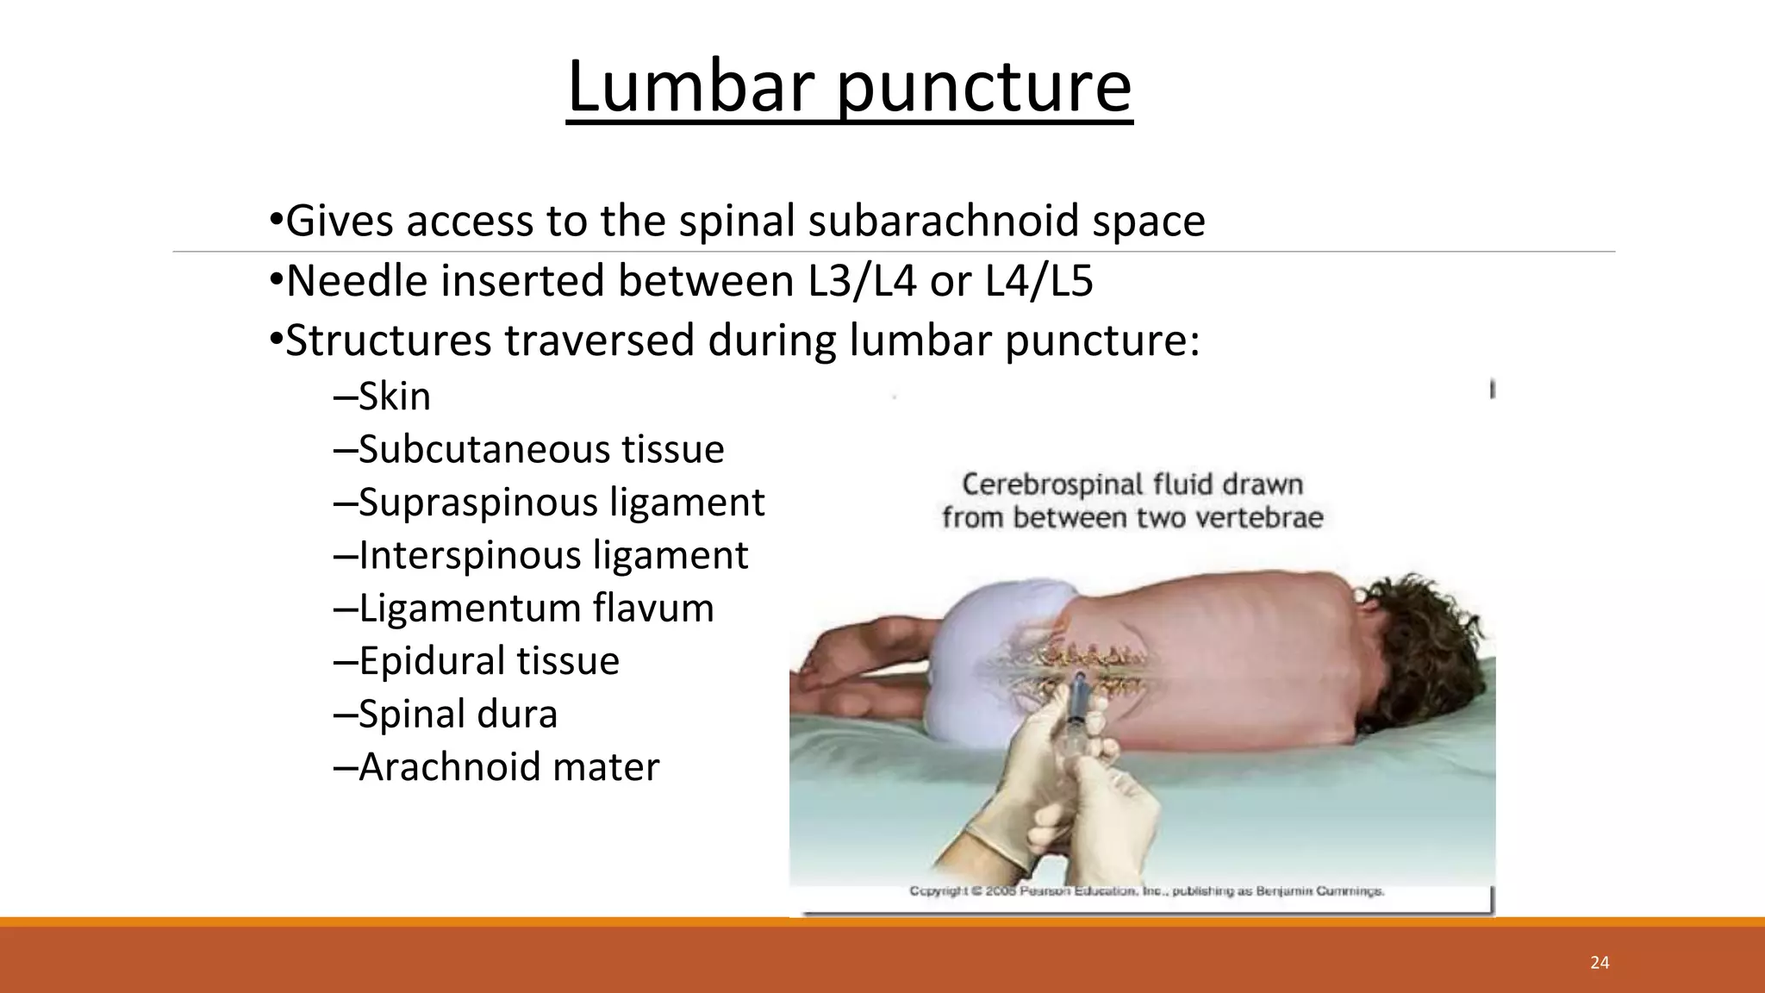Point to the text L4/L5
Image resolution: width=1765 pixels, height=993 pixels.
[x=1038, y=281]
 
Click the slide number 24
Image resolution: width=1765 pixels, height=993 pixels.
[x=1600, y=963]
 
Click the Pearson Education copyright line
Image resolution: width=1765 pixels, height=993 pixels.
[x=1146, y=890]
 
